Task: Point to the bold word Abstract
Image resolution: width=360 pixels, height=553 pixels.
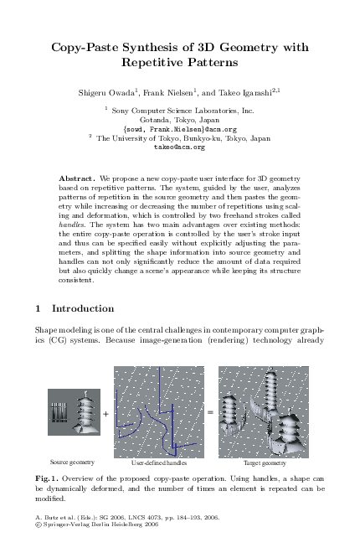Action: click(x=77, y=179)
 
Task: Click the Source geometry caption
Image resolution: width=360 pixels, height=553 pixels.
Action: click(x=72, y=462)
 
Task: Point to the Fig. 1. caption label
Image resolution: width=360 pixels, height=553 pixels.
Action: click(x=49, y=478)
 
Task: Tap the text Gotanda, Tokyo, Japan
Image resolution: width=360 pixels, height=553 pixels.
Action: click(x=180, y=120)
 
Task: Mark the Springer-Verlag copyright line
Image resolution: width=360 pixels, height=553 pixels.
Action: click(x=103, y=525)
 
